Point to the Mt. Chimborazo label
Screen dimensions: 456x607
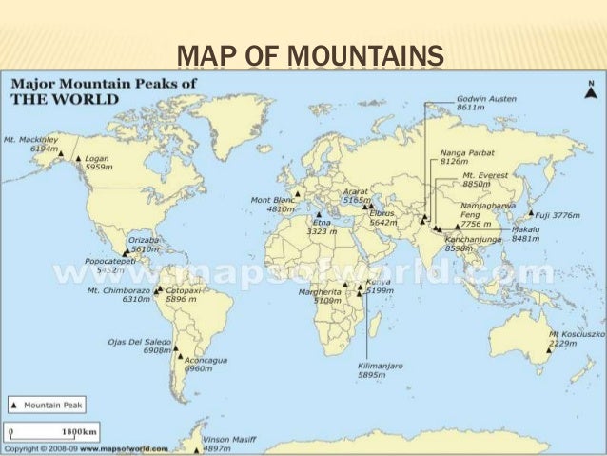tap(115, 294)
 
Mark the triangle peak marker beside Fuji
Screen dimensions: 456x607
tap(533, 216)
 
